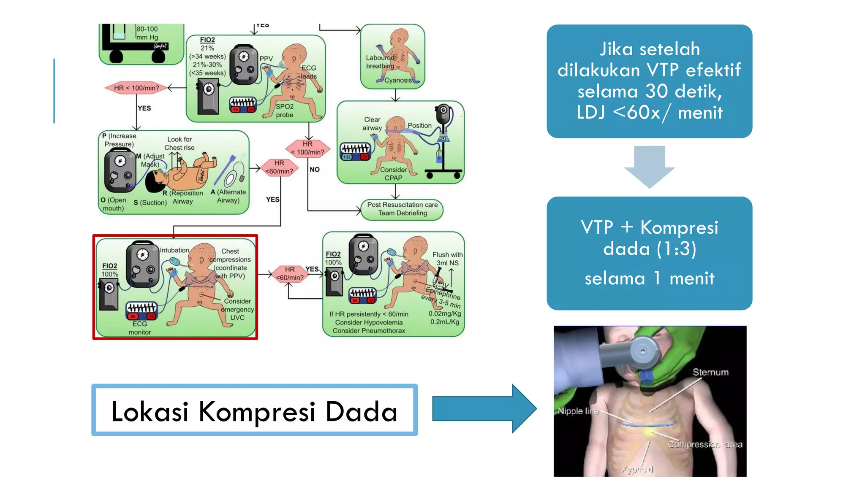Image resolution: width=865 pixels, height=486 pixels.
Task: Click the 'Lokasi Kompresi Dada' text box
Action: [254, 410]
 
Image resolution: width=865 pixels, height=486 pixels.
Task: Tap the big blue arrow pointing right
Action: [484, 408]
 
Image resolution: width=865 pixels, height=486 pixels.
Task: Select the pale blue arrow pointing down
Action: [649, 166]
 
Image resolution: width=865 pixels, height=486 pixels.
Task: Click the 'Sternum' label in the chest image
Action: [710, 372]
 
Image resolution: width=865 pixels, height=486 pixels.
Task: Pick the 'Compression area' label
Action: [705, 444]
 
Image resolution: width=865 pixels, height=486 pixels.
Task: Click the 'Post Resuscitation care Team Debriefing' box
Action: [402, 209]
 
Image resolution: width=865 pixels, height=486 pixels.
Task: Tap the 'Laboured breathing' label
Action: [380, 62]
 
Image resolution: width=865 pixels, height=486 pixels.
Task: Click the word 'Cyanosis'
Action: [397, 80]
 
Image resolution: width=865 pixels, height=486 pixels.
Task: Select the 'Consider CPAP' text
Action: [393, 174]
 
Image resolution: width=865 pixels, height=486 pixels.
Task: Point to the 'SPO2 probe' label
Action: [285, 111]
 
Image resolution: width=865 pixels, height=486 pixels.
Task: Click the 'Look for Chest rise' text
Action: [180, 143]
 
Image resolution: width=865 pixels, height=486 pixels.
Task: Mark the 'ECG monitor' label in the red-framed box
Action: [140, 328]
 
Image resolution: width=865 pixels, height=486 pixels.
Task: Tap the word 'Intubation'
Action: [174, 250]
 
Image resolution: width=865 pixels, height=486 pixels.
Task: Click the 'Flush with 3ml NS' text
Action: [447, 259]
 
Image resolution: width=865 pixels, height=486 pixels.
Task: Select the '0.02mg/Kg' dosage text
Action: [445, 313]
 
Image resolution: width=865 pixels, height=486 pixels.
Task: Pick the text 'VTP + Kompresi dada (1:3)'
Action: [649, 238]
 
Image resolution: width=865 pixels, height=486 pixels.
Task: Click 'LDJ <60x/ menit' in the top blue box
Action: [649, 113]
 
